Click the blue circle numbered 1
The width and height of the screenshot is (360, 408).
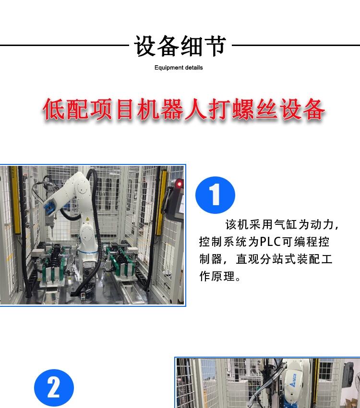pyautogui.click(x=215, y=195)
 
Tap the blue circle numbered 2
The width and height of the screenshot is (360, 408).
pyautogui.click(x=54, y=388)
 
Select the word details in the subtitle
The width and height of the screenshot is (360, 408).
pyautogui.click(x=193, y=68)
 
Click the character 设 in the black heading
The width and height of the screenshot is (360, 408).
pyautogui.click(x=145, y=46)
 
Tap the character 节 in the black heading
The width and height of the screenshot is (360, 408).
pyautogui.click(x=215, y=46)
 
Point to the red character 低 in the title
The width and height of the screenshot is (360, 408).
pyautogui.click(x=54, y=109)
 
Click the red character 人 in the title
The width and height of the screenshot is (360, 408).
pyautogui.click(x=196, y=109)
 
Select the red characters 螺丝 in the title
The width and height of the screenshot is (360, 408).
pyautogui.click(x=254, y=109)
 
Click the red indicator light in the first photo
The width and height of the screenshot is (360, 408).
pyautogui.click(x=179, y=184)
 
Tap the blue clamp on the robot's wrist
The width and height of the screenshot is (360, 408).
pyautogui.click(x=49, y=208)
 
